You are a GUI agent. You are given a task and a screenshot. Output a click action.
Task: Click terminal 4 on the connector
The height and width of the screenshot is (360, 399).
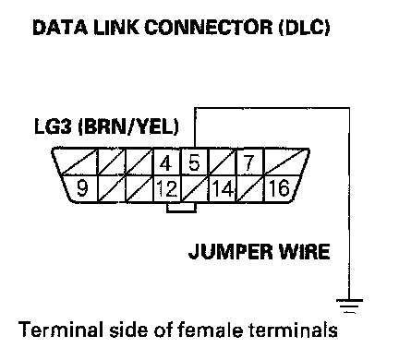167,162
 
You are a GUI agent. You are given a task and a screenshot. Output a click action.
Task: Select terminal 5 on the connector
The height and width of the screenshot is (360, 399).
195,162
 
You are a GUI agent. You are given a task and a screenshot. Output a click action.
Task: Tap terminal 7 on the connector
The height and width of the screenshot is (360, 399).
250,162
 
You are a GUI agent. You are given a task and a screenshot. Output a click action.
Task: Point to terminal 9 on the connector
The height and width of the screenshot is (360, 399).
80,188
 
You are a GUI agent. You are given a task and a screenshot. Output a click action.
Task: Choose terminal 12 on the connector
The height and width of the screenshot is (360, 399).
167,188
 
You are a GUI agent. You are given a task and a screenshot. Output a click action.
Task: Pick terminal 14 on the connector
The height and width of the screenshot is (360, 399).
223,188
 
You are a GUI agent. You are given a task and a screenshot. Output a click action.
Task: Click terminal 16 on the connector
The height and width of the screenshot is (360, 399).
280,188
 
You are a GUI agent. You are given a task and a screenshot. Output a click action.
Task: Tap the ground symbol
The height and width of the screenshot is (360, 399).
349,306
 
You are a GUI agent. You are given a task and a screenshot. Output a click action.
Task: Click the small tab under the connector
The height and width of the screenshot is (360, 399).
181,208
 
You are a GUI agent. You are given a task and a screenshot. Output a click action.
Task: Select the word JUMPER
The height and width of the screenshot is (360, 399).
231,252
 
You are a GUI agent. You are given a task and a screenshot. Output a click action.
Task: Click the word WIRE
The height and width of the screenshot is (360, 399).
304,251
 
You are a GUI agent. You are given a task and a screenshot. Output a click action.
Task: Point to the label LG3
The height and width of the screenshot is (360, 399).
53,126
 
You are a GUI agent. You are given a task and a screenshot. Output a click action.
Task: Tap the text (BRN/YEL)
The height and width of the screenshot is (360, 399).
128,127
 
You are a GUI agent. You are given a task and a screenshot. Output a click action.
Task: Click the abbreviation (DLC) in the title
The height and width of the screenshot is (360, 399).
304,28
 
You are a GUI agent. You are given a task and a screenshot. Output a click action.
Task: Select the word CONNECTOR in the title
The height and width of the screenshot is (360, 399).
208,27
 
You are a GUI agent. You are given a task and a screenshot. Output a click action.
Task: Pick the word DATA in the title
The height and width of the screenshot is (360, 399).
60,27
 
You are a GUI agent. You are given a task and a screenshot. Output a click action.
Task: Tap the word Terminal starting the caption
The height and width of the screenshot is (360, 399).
61,330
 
